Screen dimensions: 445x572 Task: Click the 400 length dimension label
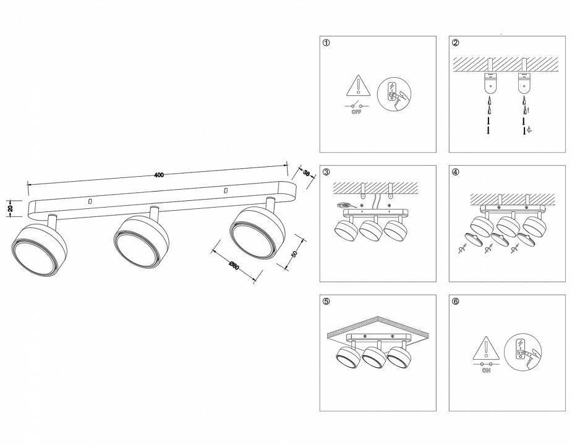point(159,176)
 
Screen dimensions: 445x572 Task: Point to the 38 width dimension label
point(305,174)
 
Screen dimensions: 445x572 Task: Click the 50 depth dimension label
point(294,254)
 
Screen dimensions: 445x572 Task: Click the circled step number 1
point(327,43)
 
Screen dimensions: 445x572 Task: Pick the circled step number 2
point(456,43)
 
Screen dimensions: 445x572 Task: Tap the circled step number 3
point(327,172)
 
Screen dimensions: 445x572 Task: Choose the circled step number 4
point(456,172)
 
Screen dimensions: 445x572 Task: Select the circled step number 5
point(327,302)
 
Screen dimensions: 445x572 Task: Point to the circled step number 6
point(456,302)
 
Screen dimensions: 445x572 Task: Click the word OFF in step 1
point(356,112)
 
